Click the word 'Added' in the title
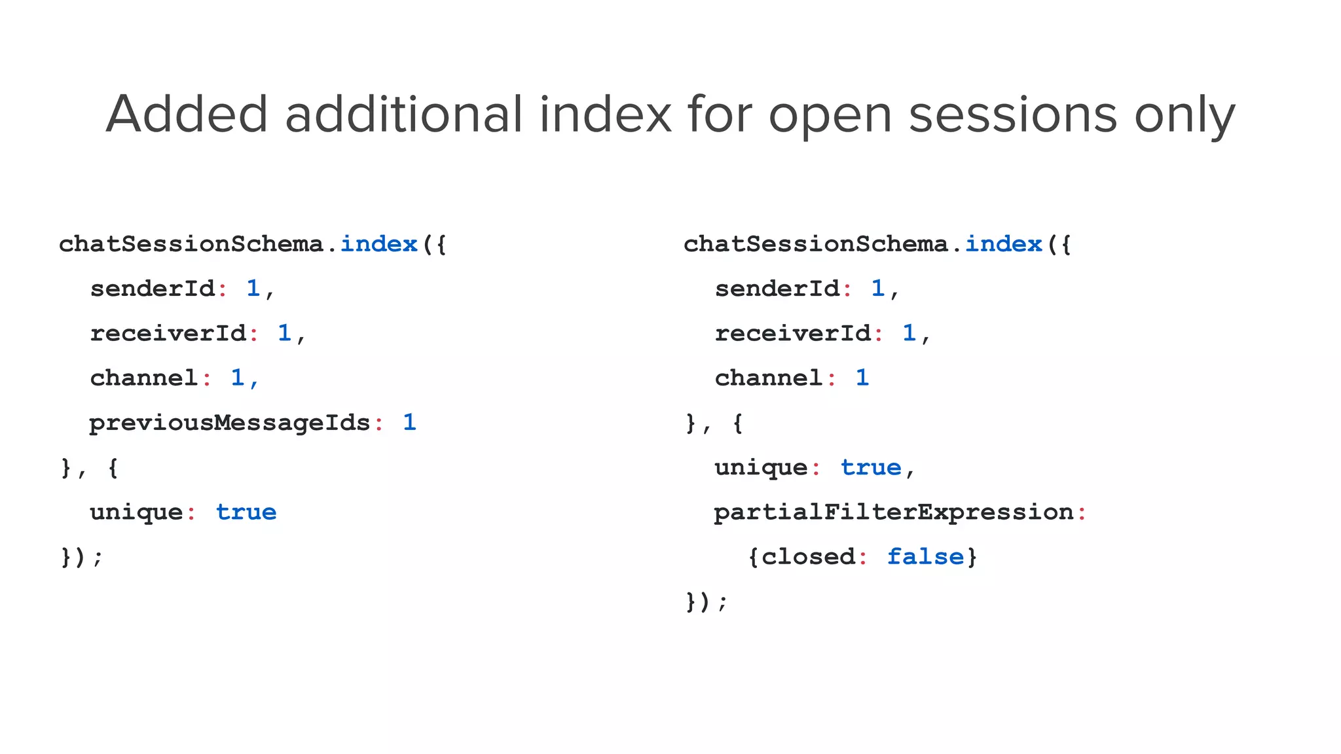click(187, 115)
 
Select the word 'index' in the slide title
click(606, 115)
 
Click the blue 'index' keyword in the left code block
click(378, 244)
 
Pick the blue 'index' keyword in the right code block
click(1003, 244)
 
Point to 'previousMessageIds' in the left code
click(230, 423)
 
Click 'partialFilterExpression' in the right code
click(893, 512)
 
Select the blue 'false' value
click(925, 556)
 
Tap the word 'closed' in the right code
click(808, 556)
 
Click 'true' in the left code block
click(246, 512)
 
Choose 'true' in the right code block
click(871, 467)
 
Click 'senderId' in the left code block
click(153, 289)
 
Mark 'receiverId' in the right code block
click(793, 333)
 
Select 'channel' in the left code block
click(144, 378)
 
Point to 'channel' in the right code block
click(769, 378)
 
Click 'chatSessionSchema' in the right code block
click(815, 244)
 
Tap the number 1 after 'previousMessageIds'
click(409, 422)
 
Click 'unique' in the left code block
click(136, 512)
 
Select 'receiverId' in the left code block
click(168, 333)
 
